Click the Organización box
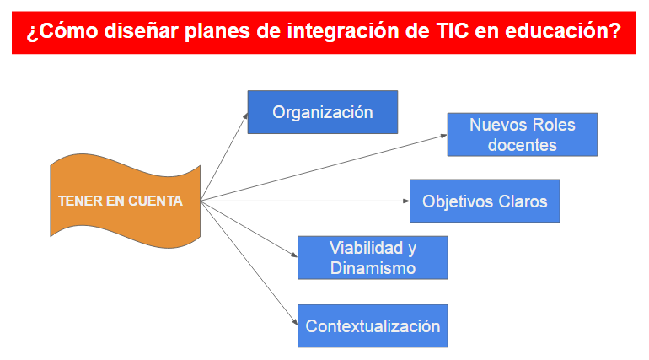pyautogui.click(x=323, y=112)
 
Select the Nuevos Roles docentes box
pyautogui.click(x=523, y=135)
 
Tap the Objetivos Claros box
pyautogui.click(x=485, y=201)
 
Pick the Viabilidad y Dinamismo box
pyautogui.click(x=373, y=258)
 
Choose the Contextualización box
pyautogui.click(x=373, y=325)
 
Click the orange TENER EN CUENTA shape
pyautogui.click(x=125, y=201)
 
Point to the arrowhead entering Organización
pyautogui.click(x=245, y=116)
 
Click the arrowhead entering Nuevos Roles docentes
pyautogui.click(x=443, y=135)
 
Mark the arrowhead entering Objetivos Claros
pyautogui.click(x=406, y=201)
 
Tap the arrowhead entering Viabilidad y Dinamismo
pyautogui.click(x=294, y=255)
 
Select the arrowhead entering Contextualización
pyautogui.click(x=295, y=322)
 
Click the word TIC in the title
pyautogui.click(x=453, y=30)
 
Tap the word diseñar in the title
pyautogui.click(x=142, y=30)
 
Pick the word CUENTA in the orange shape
pyautogui.click(x=155, y=201)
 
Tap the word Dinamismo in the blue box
pyautogui.click(x=373, y=268)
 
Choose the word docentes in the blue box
pyautogui.click(x=523, y=145)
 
